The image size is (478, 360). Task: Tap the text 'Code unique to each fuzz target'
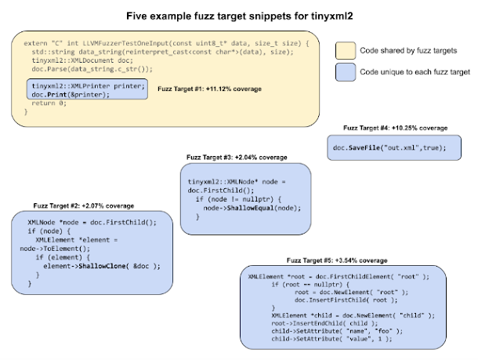click(x=413, y=73)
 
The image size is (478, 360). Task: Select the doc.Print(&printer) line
click(x=71, y=94)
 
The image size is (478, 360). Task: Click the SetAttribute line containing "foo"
click(x=324, y=330)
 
